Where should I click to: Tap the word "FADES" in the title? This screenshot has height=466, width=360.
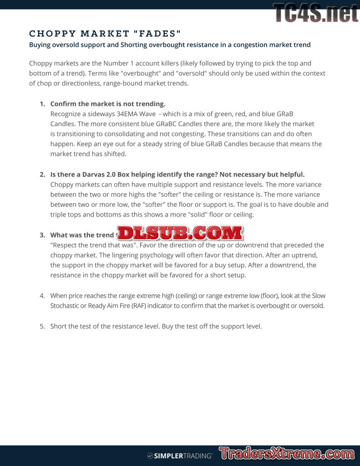point(157,34)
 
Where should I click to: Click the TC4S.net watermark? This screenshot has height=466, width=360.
point(315,13)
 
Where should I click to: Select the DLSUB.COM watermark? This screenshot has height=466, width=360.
point(180,233)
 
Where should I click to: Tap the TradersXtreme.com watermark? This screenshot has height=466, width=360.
point(287,454)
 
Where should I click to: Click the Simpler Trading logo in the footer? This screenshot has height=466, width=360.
point(180,456)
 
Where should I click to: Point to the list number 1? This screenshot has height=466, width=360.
point(42,104)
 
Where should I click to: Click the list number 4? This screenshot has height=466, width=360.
point(42,295)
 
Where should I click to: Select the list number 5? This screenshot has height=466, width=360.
point(42,326)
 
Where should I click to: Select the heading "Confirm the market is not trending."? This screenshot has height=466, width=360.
point(107,104)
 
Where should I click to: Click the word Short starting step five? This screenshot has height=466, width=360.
point(59,326)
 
